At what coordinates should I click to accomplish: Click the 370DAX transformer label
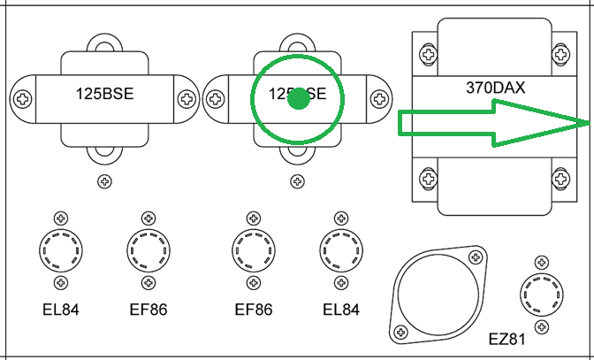pyautogui.click(x=495, y=88)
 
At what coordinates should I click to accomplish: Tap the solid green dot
pyautogui.click(x=299, y=99)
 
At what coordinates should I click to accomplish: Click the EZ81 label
pyautogui.click(x=508, y=340)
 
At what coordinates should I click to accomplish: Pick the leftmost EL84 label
pyautogui.click(x=61, y=310)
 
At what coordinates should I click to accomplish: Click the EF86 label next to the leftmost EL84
pyautogui.click(x=147, y=310)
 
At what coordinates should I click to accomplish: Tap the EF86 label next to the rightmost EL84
pyautogui.click(x=254, y=310)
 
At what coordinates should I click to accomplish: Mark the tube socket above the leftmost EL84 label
pyautogui.click(x=61, y=250)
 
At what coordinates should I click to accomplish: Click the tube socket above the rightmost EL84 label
pyautogui.click(x=339, y=250)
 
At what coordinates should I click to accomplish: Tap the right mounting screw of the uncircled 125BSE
pyautogui.click(x=187, y=98)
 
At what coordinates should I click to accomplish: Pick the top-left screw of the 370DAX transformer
pyautogui.click(x=429, y=54)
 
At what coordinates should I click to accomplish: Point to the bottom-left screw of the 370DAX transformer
pyautogui.click(x=429, y=179)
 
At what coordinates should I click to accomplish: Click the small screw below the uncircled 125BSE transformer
pyautogui.click(x=104, y=182)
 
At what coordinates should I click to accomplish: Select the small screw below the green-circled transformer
pyautogui.click(x=293, y=182)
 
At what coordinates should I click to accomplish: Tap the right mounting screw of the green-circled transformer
pyautogui.click(x=378, y=98)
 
